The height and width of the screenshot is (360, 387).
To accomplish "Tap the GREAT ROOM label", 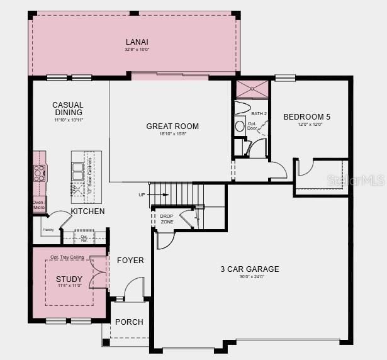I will click(172, 127).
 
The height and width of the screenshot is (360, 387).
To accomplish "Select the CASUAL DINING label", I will click(68, 109).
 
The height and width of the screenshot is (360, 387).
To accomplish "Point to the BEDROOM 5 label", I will click(306, 116).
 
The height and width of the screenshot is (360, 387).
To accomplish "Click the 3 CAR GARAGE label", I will click(249, 269).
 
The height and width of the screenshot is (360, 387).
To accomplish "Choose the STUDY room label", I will click(69, 279).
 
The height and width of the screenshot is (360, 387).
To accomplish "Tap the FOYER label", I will click(130, 261).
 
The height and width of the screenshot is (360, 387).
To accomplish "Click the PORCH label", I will click(129, 322).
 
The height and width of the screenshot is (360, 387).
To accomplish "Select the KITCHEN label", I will click(87, 211).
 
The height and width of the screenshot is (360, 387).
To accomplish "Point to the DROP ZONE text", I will click(167, 219).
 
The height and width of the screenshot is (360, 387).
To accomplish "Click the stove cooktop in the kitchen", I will click(40, 172).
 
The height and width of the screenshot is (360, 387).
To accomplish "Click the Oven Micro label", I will click(38, 205).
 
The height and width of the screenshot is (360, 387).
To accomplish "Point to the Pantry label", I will click(48, 230).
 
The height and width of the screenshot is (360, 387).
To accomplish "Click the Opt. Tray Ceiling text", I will click(67, 257).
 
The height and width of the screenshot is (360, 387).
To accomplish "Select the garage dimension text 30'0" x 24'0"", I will click(249, 278).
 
